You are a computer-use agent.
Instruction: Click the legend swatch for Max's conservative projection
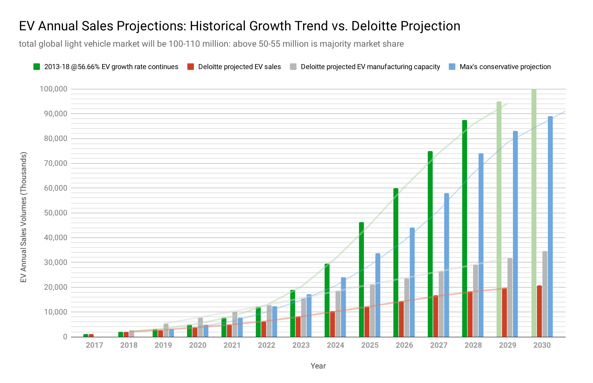tap(452, 67)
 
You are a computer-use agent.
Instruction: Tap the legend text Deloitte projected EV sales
tap(239, 67)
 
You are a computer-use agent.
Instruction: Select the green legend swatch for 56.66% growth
tap(36, 67)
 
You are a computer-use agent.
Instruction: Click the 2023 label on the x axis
tap(301, 345)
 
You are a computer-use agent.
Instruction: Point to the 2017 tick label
tap(94, 345)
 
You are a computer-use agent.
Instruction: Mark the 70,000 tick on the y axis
tap(53, 163)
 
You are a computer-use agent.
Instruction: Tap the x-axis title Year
tap(318, 366)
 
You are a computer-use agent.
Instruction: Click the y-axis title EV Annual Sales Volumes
tap(23, 217)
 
